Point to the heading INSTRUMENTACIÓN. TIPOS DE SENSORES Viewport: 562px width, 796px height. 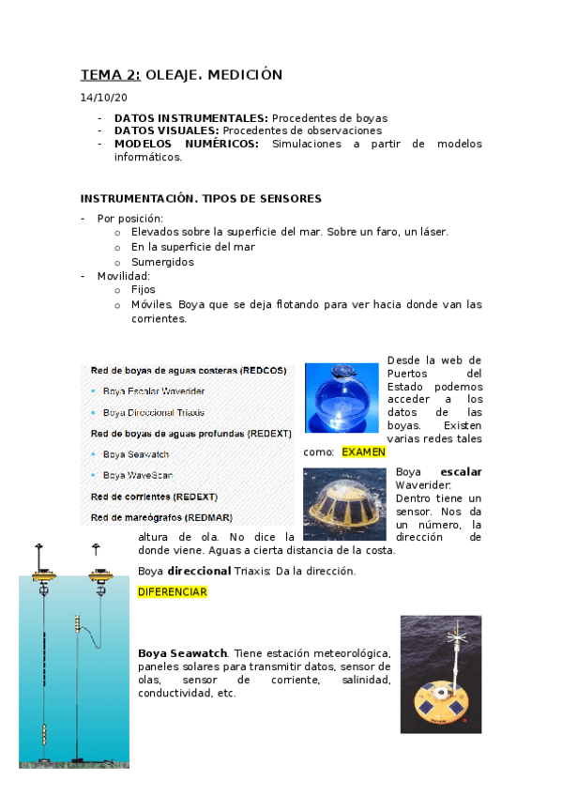[201, 198]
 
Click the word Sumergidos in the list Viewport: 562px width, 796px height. [162, 262]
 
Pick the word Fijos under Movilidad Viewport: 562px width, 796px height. [144, 290]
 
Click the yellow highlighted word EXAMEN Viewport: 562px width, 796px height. [363, 452]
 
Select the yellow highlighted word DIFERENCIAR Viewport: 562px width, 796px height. [172, 592]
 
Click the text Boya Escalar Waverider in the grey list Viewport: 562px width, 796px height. [154, 390]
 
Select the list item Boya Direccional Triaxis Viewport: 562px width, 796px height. [154, 412]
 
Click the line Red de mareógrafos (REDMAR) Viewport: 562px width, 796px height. [161, 517]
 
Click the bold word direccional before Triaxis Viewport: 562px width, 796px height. [198, 571]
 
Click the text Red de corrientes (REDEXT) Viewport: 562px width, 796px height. [154, 496]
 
